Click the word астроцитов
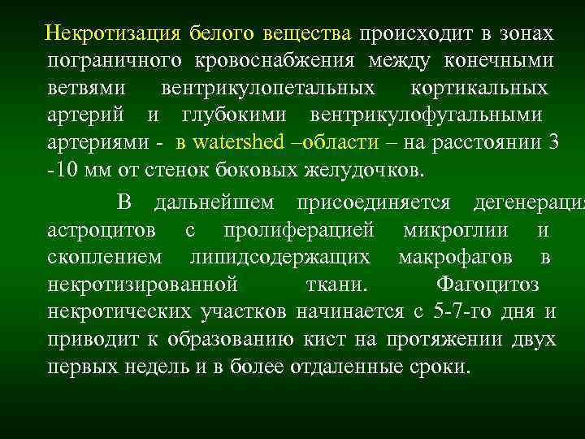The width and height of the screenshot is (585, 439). point(102,230)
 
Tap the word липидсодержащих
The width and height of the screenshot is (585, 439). point(279,257)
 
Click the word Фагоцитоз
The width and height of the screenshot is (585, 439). point(488,285)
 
